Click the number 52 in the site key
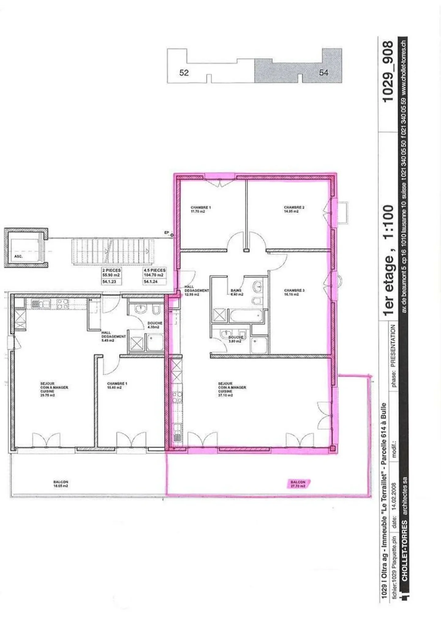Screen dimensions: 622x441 click(x=184, y=73)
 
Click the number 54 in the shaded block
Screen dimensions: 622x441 click(x=324, y=72)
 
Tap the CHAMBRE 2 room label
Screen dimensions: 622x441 click(x=294, y=209)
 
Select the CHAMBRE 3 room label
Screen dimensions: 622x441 click(x=294, y=292)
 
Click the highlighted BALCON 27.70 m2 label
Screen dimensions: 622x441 click(x=298, y=483)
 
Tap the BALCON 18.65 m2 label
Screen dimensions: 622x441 click(x=61, y=483)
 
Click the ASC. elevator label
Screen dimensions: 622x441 click(x=18, y=256)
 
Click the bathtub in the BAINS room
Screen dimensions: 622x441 click(x=246, y=315)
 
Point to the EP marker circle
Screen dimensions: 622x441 click(x=172, y=235)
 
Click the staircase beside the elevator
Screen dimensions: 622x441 click(x=112, y=251)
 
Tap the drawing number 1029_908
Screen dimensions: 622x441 click(x=388, y=72)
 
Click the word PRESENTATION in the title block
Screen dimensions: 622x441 click(x=393, y=346)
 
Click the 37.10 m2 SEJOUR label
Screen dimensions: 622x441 click(x=232, y=389)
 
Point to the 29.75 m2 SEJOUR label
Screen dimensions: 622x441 click(x=54, y=389)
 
